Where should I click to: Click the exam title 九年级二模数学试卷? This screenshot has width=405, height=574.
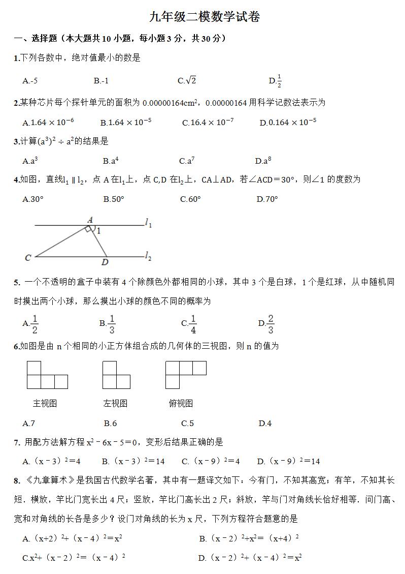coord(205,17)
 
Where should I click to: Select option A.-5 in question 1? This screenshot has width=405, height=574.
coord(30,80)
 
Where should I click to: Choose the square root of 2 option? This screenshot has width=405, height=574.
coord(187,80)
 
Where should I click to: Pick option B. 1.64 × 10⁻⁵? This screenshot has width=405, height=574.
coord(126,123)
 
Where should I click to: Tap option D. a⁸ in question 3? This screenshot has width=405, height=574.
coord(263,161)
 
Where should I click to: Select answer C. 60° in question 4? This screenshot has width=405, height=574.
coord(190,199)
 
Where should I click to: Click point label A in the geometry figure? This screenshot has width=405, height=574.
coord(90,220)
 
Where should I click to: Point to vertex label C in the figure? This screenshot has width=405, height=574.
coord(28,258)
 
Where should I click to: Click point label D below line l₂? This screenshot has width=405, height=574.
coord(105,262)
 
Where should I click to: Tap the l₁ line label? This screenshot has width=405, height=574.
coord(148,223)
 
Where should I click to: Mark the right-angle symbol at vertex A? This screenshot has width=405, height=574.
coord(89,229)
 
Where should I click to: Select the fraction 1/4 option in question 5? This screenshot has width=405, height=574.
coord(189,323)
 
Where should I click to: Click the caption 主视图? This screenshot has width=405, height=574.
coord(45,403)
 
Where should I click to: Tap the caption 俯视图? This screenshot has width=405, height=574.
coord(181,403)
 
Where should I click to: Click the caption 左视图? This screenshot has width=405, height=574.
coord(115,403)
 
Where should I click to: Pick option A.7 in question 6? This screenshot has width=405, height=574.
coord(29,423)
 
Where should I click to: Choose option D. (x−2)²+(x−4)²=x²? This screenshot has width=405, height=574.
coord(250,558)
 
